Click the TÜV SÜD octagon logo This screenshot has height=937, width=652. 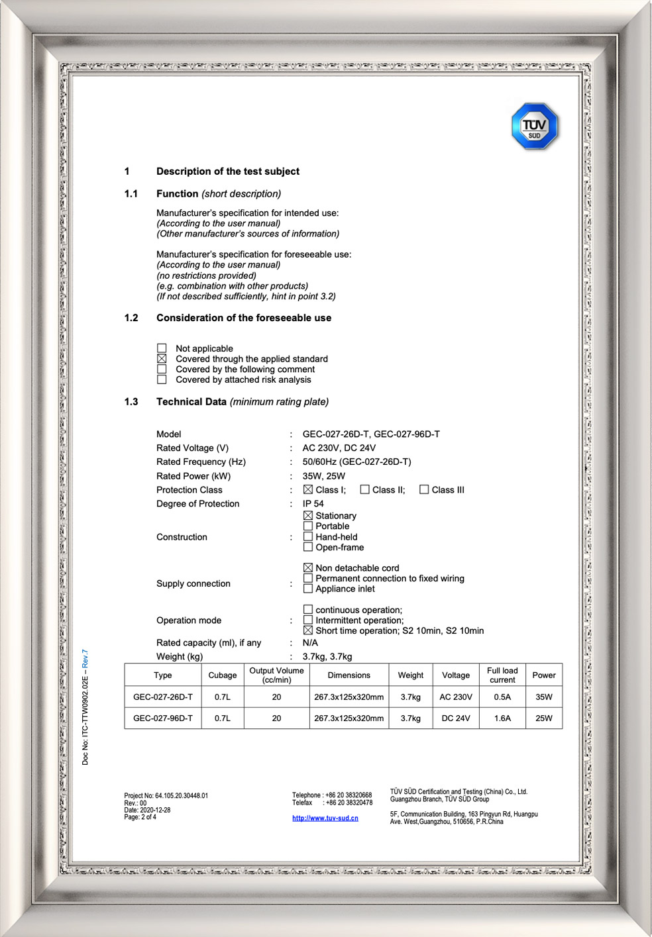pyautogui.click(x=535, y=126)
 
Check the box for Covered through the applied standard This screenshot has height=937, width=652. pyautogui.click(x=162, y=359)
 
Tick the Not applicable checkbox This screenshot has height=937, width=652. pyautogui.click(x=162, y=348)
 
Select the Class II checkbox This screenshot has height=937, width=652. pyautogui.click(x=364, y=490)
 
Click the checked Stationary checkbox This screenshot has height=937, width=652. pyautogui.click(x=308, y=516)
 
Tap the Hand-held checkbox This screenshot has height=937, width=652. pyautogui.click(x=308, y=537)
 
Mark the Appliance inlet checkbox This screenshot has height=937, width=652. pyautogui.click(x=308, y=589)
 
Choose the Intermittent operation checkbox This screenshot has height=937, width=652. pyautogui.click(x=308, y=620)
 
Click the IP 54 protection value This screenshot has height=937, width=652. pyautogui.click(x=313, y=504)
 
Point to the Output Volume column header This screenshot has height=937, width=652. pyautogui.click(x=276, y=675)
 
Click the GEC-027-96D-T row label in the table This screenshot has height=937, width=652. pyautogui.click(x=163, y=718)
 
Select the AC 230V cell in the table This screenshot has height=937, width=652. pyautogui.click(x=456, y=697)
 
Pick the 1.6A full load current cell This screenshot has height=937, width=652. pyautogui.click(x=502, y=718)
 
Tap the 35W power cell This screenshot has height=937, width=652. pyautogui.click(x=544, y=697)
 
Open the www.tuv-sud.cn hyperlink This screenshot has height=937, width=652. pyautogui.click(x=325, y=818)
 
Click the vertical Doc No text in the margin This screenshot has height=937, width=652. pyautogui.click(x=85, y=707)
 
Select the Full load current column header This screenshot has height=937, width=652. pyautogui.click(x=502, y=675)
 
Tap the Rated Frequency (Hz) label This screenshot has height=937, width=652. pyautogui.click(x=201, y=462)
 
